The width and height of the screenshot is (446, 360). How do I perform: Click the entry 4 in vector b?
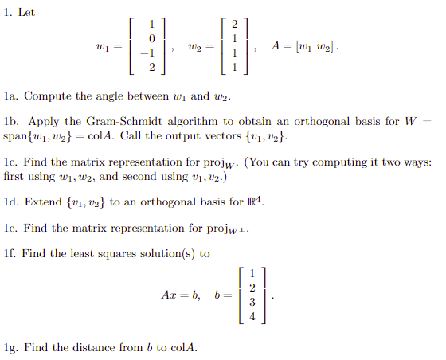pos(252,315)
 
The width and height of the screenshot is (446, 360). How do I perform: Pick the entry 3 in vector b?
pos(252,303)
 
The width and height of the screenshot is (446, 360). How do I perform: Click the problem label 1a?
pos(11,96)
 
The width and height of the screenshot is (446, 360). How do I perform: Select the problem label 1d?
pos(12,202)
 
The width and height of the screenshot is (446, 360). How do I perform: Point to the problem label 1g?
pos(11,347)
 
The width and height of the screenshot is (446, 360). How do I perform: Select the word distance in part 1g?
pos(80,347)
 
